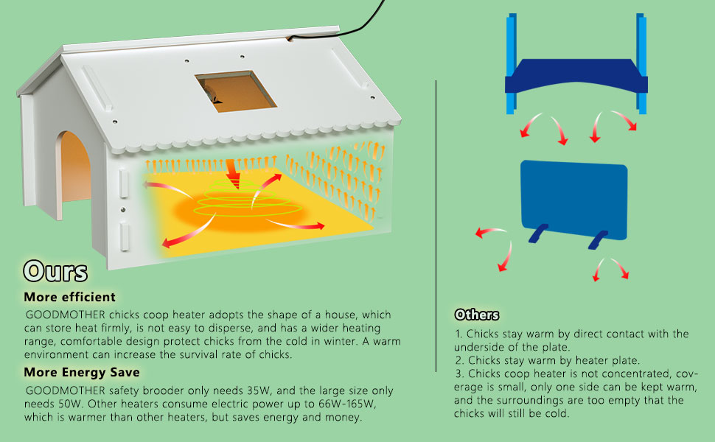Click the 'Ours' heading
55,270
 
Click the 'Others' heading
477,315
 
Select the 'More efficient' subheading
69,298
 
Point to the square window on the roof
235,90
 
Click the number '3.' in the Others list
460,373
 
